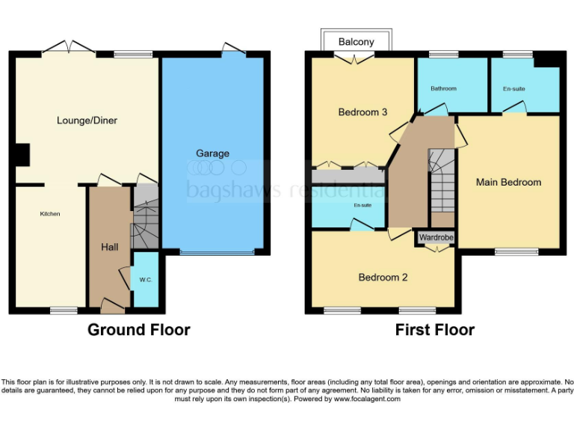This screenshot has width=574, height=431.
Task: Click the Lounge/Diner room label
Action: [87, 120]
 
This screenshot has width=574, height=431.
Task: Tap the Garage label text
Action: [212, 153]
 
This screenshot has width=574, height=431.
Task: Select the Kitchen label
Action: [50, 214]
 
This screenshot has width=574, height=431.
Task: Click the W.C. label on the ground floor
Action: [145, 280]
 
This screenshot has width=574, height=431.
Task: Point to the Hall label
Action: [109, 247]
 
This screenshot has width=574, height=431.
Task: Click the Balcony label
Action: [356, 42]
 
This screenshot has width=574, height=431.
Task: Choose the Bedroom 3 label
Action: [362, 112]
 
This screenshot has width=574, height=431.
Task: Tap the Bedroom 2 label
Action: [383, 278]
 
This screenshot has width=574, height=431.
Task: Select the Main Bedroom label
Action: [508, 182]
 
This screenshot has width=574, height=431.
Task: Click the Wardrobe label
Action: [436, 238]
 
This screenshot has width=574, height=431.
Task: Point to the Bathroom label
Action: [443, 88]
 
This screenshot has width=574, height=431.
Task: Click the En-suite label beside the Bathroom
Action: [513, 89]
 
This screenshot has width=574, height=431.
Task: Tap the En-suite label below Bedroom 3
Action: [362, 204]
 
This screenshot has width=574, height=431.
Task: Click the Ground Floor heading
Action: [139, 330]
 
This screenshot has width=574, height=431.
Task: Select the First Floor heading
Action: [435, 330]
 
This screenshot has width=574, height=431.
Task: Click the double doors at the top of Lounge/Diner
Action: [68, 49]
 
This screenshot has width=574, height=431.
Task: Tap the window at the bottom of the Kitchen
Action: [64, 310]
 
